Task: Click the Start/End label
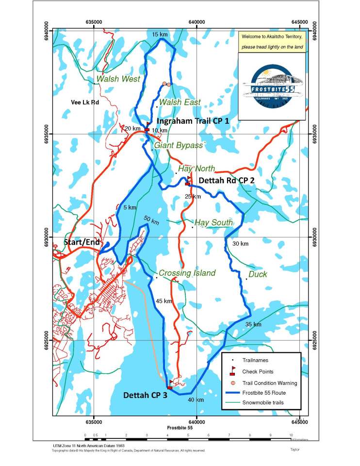point(82,242)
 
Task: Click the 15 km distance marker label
point(160,35)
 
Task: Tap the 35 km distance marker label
point(253,324)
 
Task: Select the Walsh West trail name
point(118,79)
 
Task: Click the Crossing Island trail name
point(187,273)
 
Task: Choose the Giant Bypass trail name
point(178,145)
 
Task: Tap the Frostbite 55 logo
point(272,86)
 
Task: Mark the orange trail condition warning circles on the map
point(166,84)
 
